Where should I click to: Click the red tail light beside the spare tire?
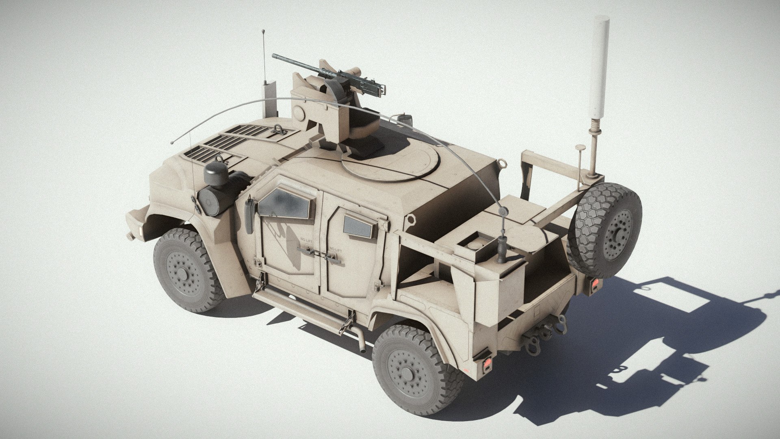pos(594,285)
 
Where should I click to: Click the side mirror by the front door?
pos(249,207)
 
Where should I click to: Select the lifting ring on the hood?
pos(279,130)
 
